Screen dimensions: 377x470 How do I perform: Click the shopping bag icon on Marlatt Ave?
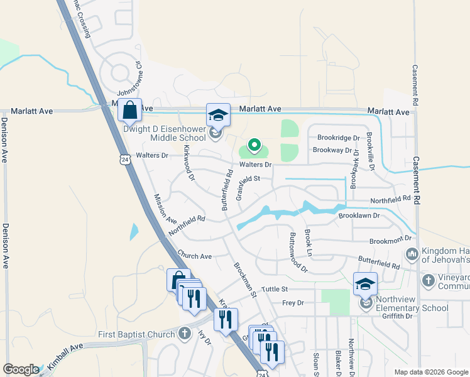129,111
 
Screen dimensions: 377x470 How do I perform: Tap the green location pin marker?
254,145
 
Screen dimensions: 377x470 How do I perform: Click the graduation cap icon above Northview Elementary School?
365,284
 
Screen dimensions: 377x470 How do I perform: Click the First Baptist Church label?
136,334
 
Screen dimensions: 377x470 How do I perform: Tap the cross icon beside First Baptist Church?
184,333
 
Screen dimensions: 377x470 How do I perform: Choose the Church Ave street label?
194,256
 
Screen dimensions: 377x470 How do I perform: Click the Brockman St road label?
246,280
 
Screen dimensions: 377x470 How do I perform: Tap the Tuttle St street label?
274,289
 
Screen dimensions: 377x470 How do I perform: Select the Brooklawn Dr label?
359,215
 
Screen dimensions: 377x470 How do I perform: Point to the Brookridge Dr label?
338,138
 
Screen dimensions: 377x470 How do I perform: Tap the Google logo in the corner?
21,369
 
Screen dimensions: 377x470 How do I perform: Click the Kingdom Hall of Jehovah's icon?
412,254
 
